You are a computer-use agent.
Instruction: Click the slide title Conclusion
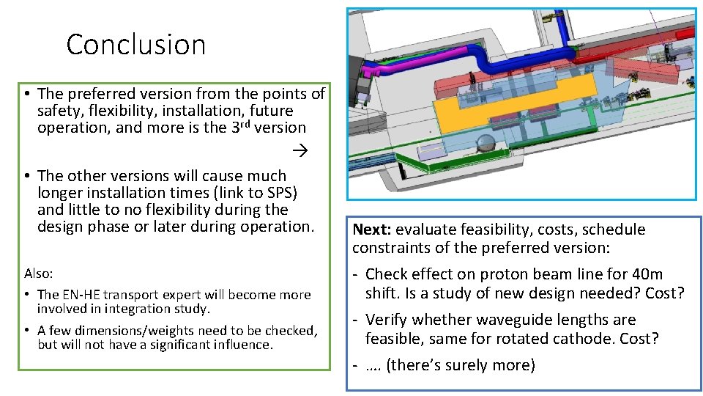[x=135, y=45]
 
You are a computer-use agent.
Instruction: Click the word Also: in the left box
[x=39, y=274]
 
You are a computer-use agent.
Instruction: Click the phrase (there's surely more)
[x=461, y=365]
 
